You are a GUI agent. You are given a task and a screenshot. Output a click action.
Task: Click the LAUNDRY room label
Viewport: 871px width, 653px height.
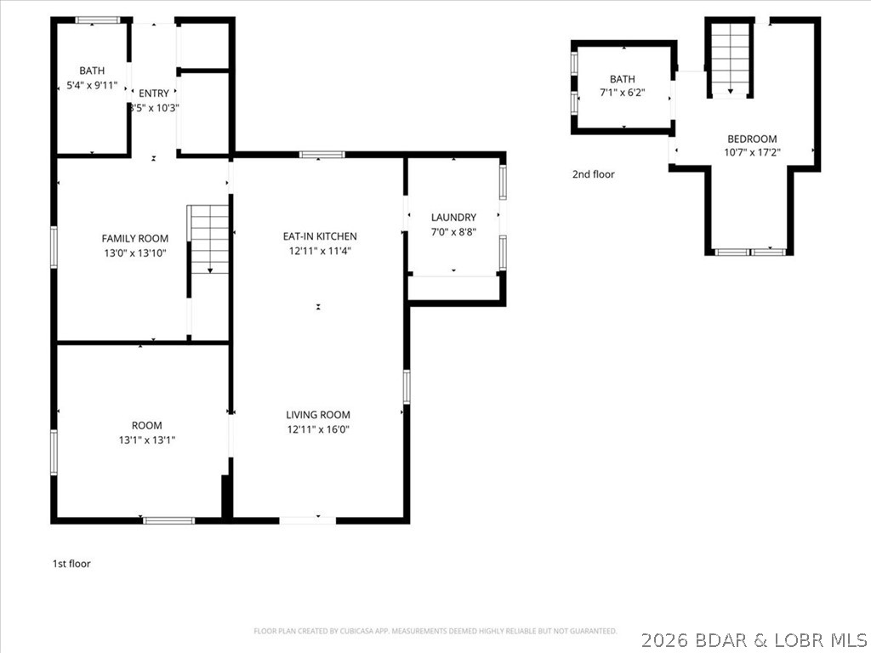pos(453,218)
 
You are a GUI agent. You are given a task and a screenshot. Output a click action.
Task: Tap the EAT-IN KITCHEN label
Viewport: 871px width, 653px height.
pos(319,236)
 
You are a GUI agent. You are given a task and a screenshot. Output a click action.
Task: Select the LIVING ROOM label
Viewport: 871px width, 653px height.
pos(318,415)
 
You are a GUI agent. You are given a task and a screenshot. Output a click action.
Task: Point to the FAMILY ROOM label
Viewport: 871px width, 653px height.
pos(134,239)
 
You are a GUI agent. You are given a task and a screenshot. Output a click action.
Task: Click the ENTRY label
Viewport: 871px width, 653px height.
pos(154,94)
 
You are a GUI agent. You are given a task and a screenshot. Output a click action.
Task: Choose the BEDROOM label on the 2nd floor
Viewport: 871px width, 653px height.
pos(752,139)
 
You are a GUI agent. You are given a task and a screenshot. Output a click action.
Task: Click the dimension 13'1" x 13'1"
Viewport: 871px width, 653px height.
pos(146,440)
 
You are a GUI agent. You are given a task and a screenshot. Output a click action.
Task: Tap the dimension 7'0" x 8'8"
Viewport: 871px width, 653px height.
pos(453,232)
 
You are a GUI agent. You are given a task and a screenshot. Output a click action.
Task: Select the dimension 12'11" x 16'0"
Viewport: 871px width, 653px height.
pos(318,429)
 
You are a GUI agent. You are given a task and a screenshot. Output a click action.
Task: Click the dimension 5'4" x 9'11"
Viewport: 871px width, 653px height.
pos(92,85)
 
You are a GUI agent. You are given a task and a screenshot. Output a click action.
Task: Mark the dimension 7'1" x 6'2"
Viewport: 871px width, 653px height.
pos(622,94)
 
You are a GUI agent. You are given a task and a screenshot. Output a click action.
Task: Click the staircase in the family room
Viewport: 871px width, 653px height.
pos(209,238)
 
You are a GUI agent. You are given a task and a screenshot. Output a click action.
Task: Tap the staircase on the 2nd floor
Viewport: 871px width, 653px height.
pos(730,56)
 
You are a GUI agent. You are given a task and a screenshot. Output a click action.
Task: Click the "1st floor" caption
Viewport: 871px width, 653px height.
pos(71,564)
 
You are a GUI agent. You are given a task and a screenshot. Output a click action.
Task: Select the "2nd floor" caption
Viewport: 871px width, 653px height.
pos(593,174)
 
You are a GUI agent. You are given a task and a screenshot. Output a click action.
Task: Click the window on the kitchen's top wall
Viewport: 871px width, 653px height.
pos(322,155)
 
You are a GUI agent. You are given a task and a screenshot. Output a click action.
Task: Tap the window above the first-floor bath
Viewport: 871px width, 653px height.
pos(97,20)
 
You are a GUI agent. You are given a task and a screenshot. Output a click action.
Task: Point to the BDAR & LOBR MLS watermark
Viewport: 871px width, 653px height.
pos(754,639)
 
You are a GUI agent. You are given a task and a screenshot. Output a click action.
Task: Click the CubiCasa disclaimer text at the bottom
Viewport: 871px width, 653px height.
pos(435,631)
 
